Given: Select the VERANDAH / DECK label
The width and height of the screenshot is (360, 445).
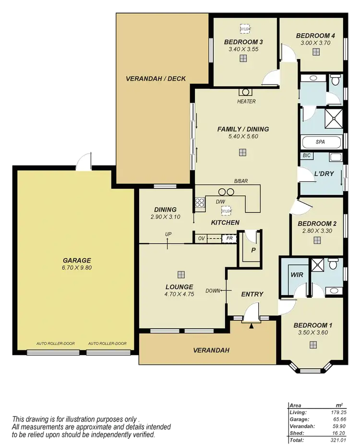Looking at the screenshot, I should tap(156, 79).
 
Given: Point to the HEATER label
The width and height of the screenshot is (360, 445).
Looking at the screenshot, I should tap(246, 101).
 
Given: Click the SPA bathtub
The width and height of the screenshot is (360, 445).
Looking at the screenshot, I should tap(321, 142).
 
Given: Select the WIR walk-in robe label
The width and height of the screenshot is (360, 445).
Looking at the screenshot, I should tap(295, 276).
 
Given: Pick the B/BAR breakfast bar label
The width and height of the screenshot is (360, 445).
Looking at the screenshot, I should tap(241, 181).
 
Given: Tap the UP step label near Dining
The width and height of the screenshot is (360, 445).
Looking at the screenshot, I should tap(168, 234).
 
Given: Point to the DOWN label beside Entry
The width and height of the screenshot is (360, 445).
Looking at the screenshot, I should tap(213, 290).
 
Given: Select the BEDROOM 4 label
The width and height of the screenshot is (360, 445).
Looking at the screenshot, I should tap(315, 36).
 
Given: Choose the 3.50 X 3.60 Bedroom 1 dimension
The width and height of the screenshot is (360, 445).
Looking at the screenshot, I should tap(313, 332).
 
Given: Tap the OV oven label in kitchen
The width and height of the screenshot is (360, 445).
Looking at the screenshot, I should tap(202, 238).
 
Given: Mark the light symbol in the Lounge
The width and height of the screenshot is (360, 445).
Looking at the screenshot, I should tap(181, 275).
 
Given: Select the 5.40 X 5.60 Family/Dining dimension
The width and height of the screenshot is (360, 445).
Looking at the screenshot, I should tap(243, 136).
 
